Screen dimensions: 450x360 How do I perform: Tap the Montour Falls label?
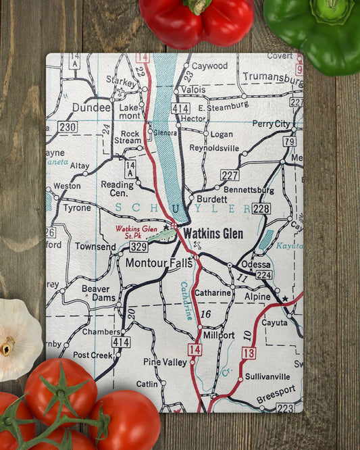(x=160, y=263)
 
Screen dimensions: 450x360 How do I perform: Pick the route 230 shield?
(x=68, y=126)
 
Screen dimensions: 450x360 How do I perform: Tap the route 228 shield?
(x=261, y=209)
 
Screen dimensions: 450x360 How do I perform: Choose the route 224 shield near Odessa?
(x=264, y=275)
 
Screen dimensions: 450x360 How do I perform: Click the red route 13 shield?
(x=249, y=353)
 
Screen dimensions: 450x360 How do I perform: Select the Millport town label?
(x=219, y=334)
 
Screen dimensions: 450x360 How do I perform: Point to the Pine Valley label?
(x=165, y=362)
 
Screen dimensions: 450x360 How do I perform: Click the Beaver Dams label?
(x=95, y=293)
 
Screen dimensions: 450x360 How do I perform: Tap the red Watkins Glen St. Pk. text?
(x=136, y=232)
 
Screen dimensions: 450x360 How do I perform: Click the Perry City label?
(x=271, y=124)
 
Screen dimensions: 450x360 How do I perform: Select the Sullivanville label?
(x=267, y=376)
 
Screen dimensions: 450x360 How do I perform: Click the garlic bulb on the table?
(x=16, y=340)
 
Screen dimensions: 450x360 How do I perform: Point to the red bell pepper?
(x=197, y=21)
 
